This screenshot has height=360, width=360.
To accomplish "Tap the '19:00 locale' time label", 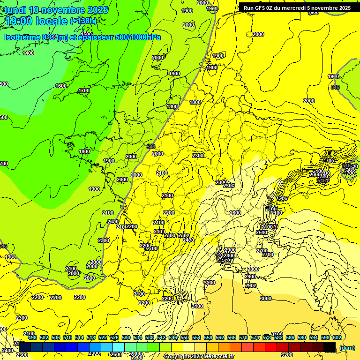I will pos(37,21).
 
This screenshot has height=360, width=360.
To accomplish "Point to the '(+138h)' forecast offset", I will pos(83,21).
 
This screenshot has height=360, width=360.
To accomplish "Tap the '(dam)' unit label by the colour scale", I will pos(346,347).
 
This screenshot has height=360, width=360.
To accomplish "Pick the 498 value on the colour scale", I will pos(32,337).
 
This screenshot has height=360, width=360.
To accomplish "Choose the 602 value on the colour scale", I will pos(336,337).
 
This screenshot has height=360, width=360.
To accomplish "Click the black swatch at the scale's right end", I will pos(330,347).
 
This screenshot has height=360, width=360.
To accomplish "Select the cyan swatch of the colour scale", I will pos(119,347).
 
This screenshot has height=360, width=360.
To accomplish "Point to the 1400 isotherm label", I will pos(28,53).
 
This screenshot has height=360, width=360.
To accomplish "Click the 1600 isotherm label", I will pos(61,86).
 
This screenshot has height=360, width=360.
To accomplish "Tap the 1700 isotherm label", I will pos(84,90).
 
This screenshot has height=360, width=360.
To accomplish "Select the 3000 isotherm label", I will pos(266,299).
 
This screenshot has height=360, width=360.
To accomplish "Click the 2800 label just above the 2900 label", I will pos(253,269).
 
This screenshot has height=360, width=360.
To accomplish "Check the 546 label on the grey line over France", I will pos(151,147).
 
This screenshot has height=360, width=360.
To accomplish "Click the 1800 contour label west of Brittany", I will pos(84,151).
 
